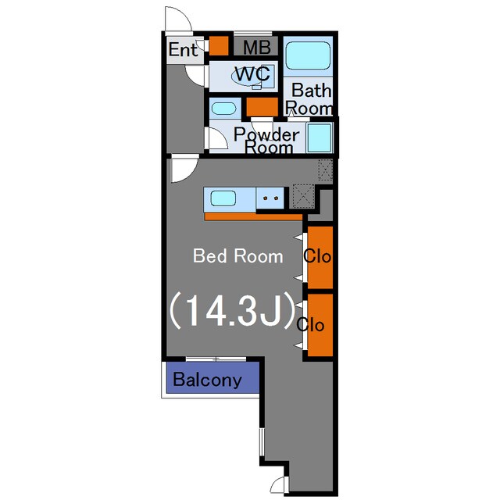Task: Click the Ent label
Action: pos(183,49)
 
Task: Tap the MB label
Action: pos(257,47)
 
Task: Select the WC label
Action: pos(252,74)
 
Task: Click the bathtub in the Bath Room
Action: pos(308,55)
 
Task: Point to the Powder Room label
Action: pos(266,141)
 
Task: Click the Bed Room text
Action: pos(237,256)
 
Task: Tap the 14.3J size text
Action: pos(232,310)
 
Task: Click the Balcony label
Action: pos(207,380)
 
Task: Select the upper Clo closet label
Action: pos(317,255)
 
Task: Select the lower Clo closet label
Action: pos(310,325)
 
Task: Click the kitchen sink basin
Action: pos(223,198)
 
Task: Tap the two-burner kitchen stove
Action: pos(270,198)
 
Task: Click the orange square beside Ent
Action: pos(219,46)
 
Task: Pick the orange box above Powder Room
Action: pos(262,106)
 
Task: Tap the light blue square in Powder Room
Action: pos(320,138)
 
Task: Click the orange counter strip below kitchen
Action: pos(253,217)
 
